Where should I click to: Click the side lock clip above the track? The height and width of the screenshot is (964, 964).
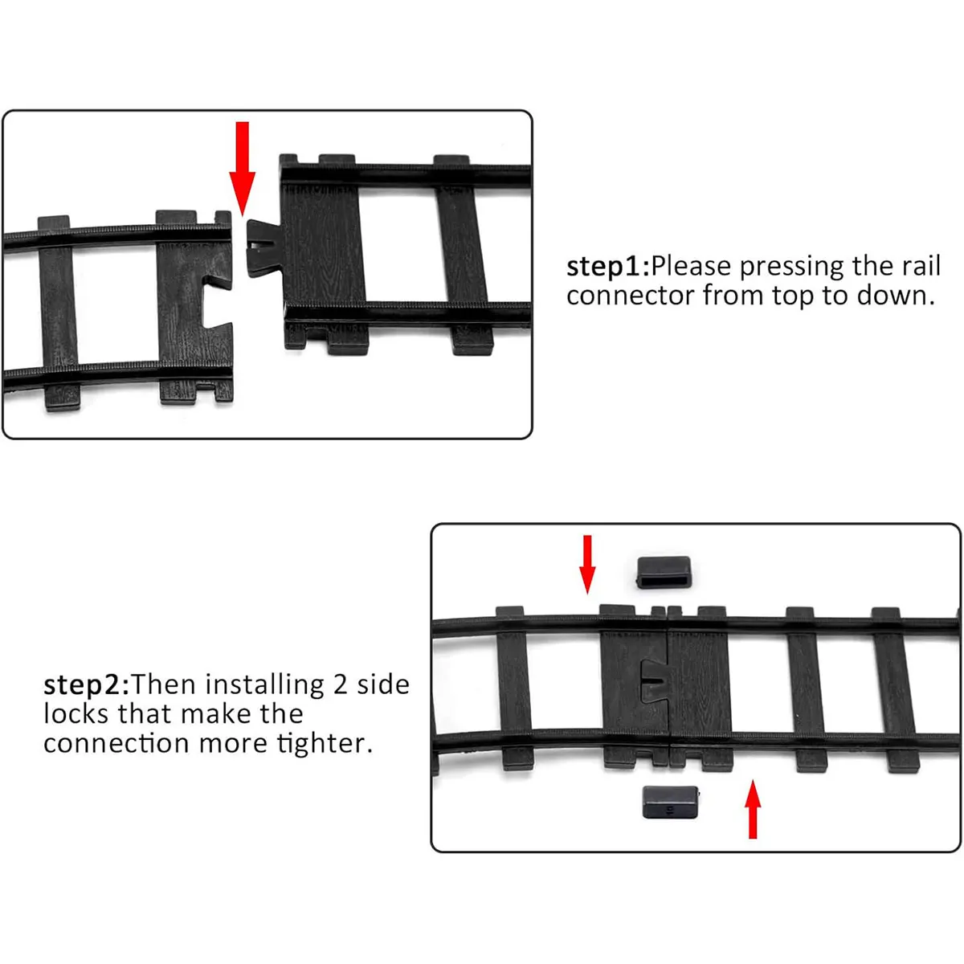[665, 572]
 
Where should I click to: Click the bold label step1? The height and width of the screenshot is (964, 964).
[608, 266]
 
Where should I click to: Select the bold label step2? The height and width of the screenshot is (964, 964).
[86, 684]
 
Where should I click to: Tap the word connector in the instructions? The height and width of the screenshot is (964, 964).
[631, 296]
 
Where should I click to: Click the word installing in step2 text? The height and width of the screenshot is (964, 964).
[264, 684]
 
